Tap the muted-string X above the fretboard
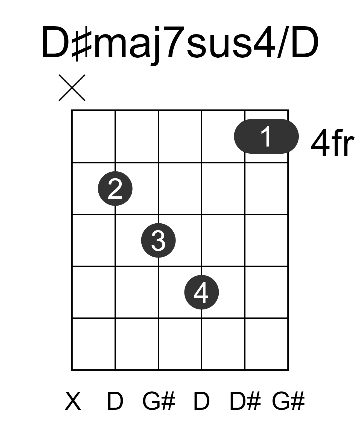tap(72, 88)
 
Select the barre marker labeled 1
tap(266, 136)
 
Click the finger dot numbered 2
tap(115, 188)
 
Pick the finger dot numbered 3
tap(158, 240)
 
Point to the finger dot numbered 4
tap(202, 292)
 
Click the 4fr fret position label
tap(332, 143)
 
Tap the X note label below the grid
tap(73, 400)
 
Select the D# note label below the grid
tap(245, 400)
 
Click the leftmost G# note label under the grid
tap(159, 400)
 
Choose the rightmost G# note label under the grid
tap(288, 400)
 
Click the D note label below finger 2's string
tap(115, 400)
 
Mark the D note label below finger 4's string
tap(202, 400)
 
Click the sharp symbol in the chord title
tap(81, 44)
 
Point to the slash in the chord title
tap(282, 42)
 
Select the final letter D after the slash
tap(305, 42)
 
